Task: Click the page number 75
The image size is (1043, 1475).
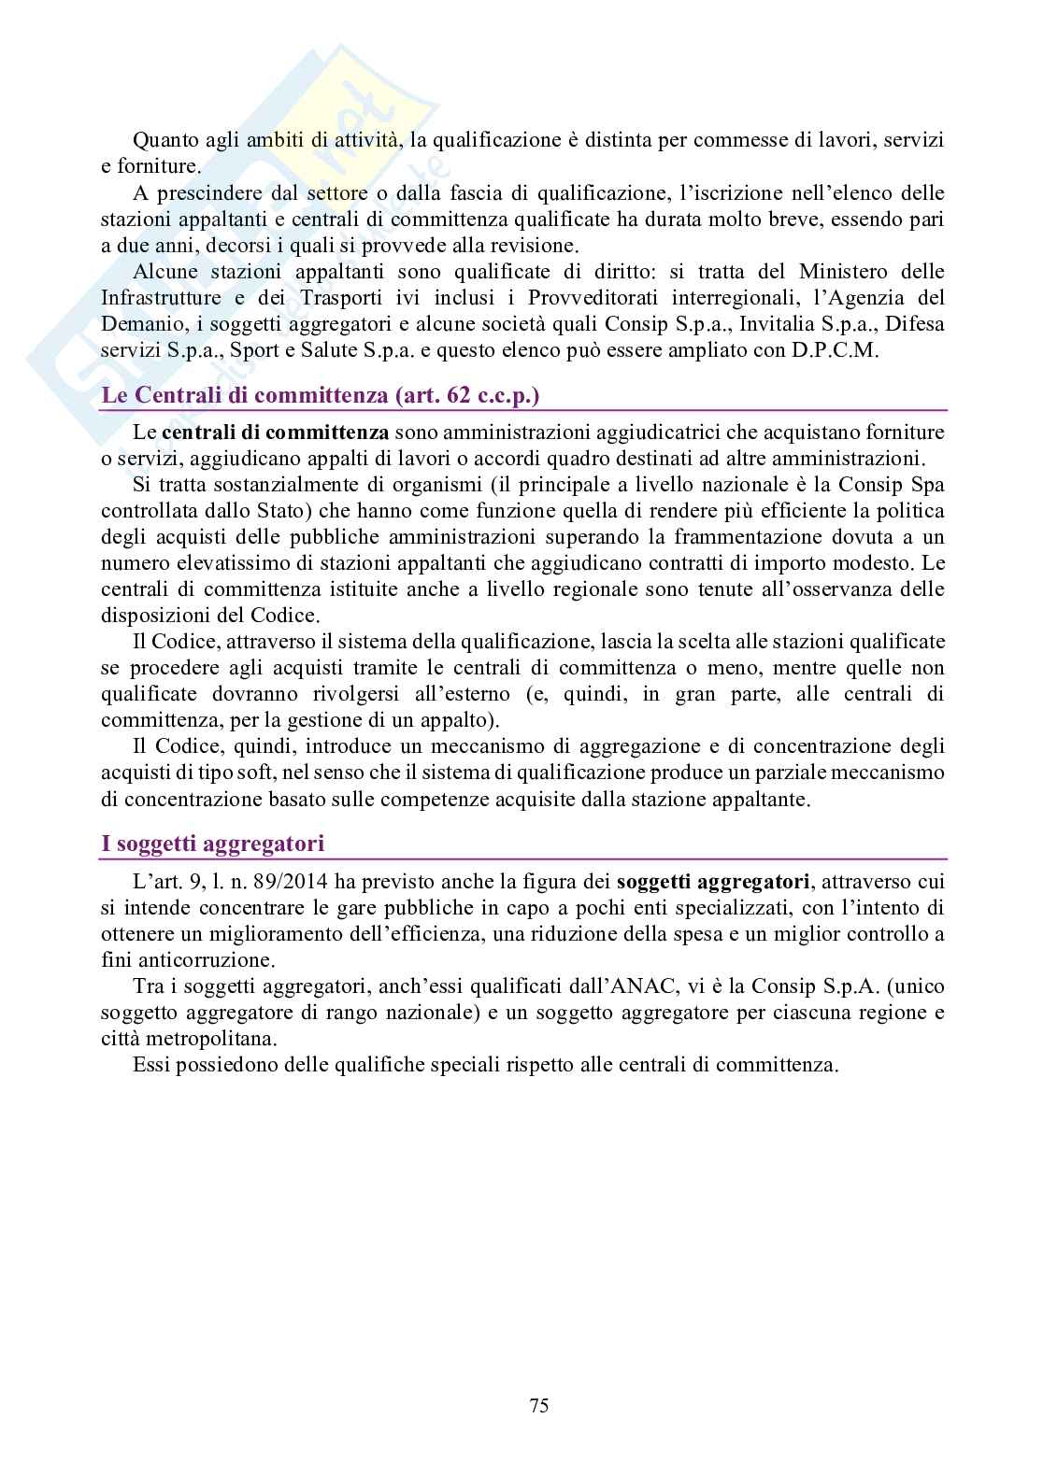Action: tap(538, 1406)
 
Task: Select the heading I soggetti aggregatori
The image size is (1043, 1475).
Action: tap(212, 844)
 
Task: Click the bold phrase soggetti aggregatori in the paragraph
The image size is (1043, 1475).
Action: tap(714, 881)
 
